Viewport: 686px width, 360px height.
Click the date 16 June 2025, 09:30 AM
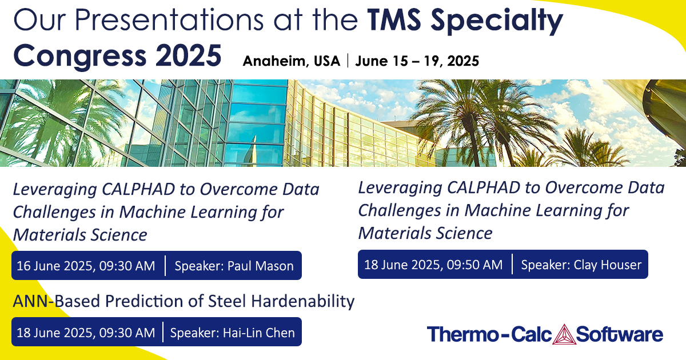pyautogui.click(x=86, y=266)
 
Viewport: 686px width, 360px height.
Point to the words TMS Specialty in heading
pyautogui.click(x=462, y=22)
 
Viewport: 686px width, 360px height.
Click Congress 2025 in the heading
pyautogui.click(x=117, y=56)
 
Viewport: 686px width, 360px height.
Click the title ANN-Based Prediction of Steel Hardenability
pyautogui.click(x=183, y=301)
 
